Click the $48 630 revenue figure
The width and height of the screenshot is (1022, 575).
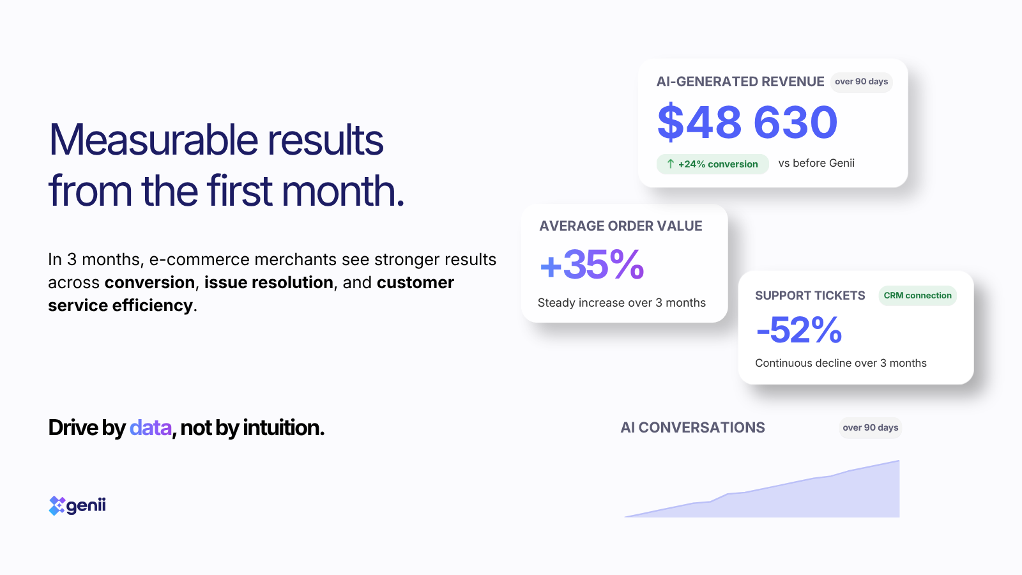click(747, 122)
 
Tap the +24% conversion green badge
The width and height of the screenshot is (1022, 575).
click(712, 164)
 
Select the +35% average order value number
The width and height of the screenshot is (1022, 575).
click(591, 264)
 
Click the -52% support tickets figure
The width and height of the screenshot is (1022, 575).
click(799, 330)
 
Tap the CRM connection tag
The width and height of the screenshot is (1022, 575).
click(917, 295)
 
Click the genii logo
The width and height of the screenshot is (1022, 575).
click(77, 505)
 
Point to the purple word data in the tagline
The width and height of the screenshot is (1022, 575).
click(151, 427)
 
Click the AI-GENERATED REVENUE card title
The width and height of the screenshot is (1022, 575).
click(740, 82)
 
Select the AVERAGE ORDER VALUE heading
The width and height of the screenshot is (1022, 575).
click(620, 226)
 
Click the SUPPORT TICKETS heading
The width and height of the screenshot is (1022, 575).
click(810, 296)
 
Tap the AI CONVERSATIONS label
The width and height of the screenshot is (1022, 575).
click(692, 427)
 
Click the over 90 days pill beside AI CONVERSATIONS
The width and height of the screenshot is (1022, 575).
click(870, 427)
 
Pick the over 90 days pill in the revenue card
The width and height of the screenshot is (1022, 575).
click(862, 82)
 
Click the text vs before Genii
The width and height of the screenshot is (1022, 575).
click(816, 163)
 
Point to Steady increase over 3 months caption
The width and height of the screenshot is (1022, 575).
click(622, 303)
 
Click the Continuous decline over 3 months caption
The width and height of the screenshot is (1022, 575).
click(841, 363)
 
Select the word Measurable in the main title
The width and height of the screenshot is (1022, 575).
click(153, 139)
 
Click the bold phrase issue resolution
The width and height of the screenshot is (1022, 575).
click(269, 282)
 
